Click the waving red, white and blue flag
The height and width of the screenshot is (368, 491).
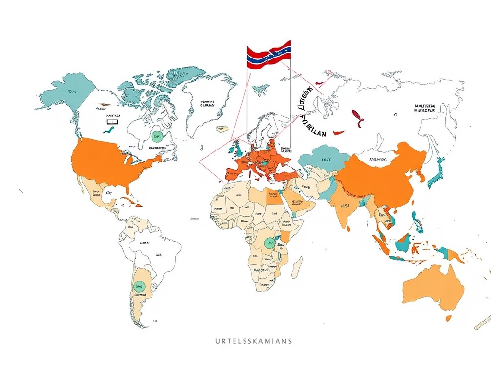(269, 54)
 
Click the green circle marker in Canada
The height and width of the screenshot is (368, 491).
(156, 136)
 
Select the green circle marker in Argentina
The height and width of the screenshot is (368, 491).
(139, 287)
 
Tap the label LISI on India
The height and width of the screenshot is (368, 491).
(345, 206)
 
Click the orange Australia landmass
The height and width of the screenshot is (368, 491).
(432, 287)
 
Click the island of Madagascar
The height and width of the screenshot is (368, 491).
(297, 267)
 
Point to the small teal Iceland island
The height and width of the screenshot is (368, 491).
(260, 89)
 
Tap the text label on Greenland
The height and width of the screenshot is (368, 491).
(208, 104)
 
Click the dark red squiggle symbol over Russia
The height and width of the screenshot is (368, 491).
(357, 117)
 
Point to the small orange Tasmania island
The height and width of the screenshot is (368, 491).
(448, 318)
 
